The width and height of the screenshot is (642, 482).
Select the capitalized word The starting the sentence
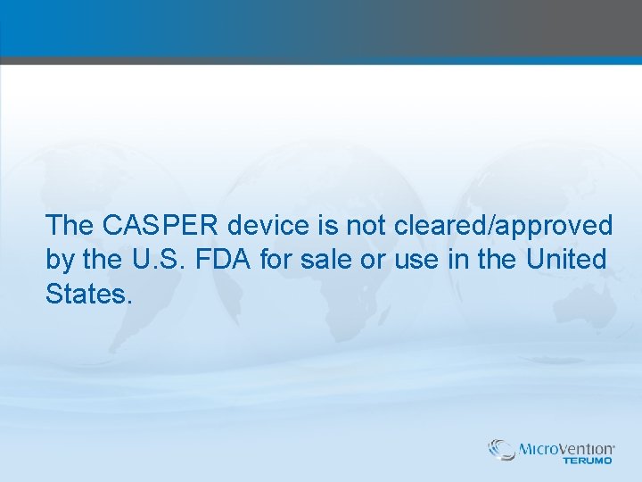(70, 225)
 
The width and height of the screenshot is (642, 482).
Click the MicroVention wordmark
(567, 448)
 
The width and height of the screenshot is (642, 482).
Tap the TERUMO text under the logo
(588, 461)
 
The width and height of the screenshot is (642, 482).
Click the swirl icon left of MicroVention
(502, 449)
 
